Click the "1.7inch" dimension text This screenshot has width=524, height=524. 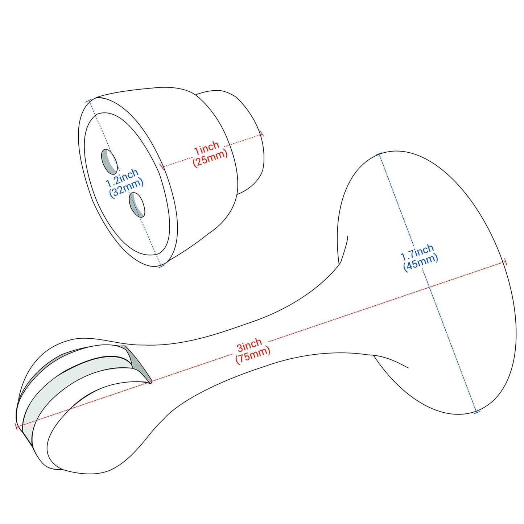[x=417, y=252]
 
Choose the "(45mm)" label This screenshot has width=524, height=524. [x=421, y=263]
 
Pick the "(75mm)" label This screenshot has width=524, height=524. [x=253, y=356]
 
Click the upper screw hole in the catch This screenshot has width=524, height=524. [x=109, y=161]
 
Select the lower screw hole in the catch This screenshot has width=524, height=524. [x=136, y=205]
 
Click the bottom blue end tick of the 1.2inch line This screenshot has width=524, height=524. [x=161, y=266]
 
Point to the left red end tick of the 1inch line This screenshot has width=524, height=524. [x=161, y=167]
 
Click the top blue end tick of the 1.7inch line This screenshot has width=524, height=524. [x=379, y=154]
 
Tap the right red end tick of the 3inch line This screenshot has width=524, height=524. [x=505, y=262]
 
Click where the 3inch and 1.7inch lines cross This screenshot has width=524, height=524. [x=429, y=287]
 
